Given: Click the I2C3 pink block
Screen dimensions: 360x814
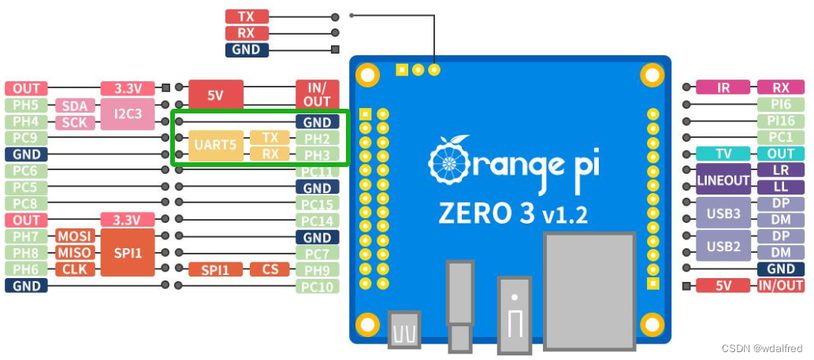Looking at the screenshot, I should click(x=128, y=114).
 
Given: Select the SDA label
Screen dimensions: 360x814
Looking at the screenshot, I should click(x=75, y=106).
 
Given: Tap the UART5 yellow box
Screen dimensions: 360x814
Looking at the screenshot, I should click(x=215, y=146).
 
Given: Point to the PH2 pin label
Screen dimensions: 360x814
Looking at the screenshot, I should click(x=318, y=138).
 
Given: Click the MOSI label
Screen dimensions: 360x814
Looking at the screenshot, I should click(x=75, y=236).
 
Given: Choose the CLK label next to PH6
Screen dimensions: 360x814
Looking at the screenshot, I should click(x=75, y=269).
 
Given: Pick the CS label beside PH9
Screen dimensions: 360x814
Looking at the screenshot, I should click(x=269, y=269).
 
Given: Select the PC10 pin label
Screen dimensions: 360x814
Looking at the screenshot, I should click(x=318, y=286).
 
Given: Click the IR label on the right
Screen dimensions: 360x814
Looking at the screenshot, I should click(x=723, y=88).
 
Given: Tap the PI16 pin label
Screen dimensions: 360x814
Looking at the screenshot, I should click(x=780, y=121).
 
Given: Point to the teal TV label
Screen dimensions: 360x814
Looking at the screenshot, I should click(x=723, y=154).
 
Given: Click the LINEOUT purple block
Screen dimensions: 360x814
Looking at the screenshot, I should click(x=723, y=180).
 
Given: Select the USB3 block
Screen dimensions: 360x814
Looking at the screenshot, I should click(x=723, y=213).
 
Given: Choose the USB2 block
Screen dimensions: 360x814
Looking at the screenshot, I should click(x=723, y=246).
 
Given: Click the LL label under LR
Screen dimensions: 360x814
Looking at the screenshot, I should click(x=780, y=187).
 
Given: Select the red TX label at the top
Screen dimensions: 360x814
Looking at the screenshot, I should click(x=247, y=17).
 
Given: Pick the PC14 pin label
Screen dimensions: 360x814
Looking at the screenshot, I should click(x=318, y=221).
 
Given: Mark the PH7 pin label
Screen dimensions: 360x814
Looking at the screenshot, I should click(x=26, y=236).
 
